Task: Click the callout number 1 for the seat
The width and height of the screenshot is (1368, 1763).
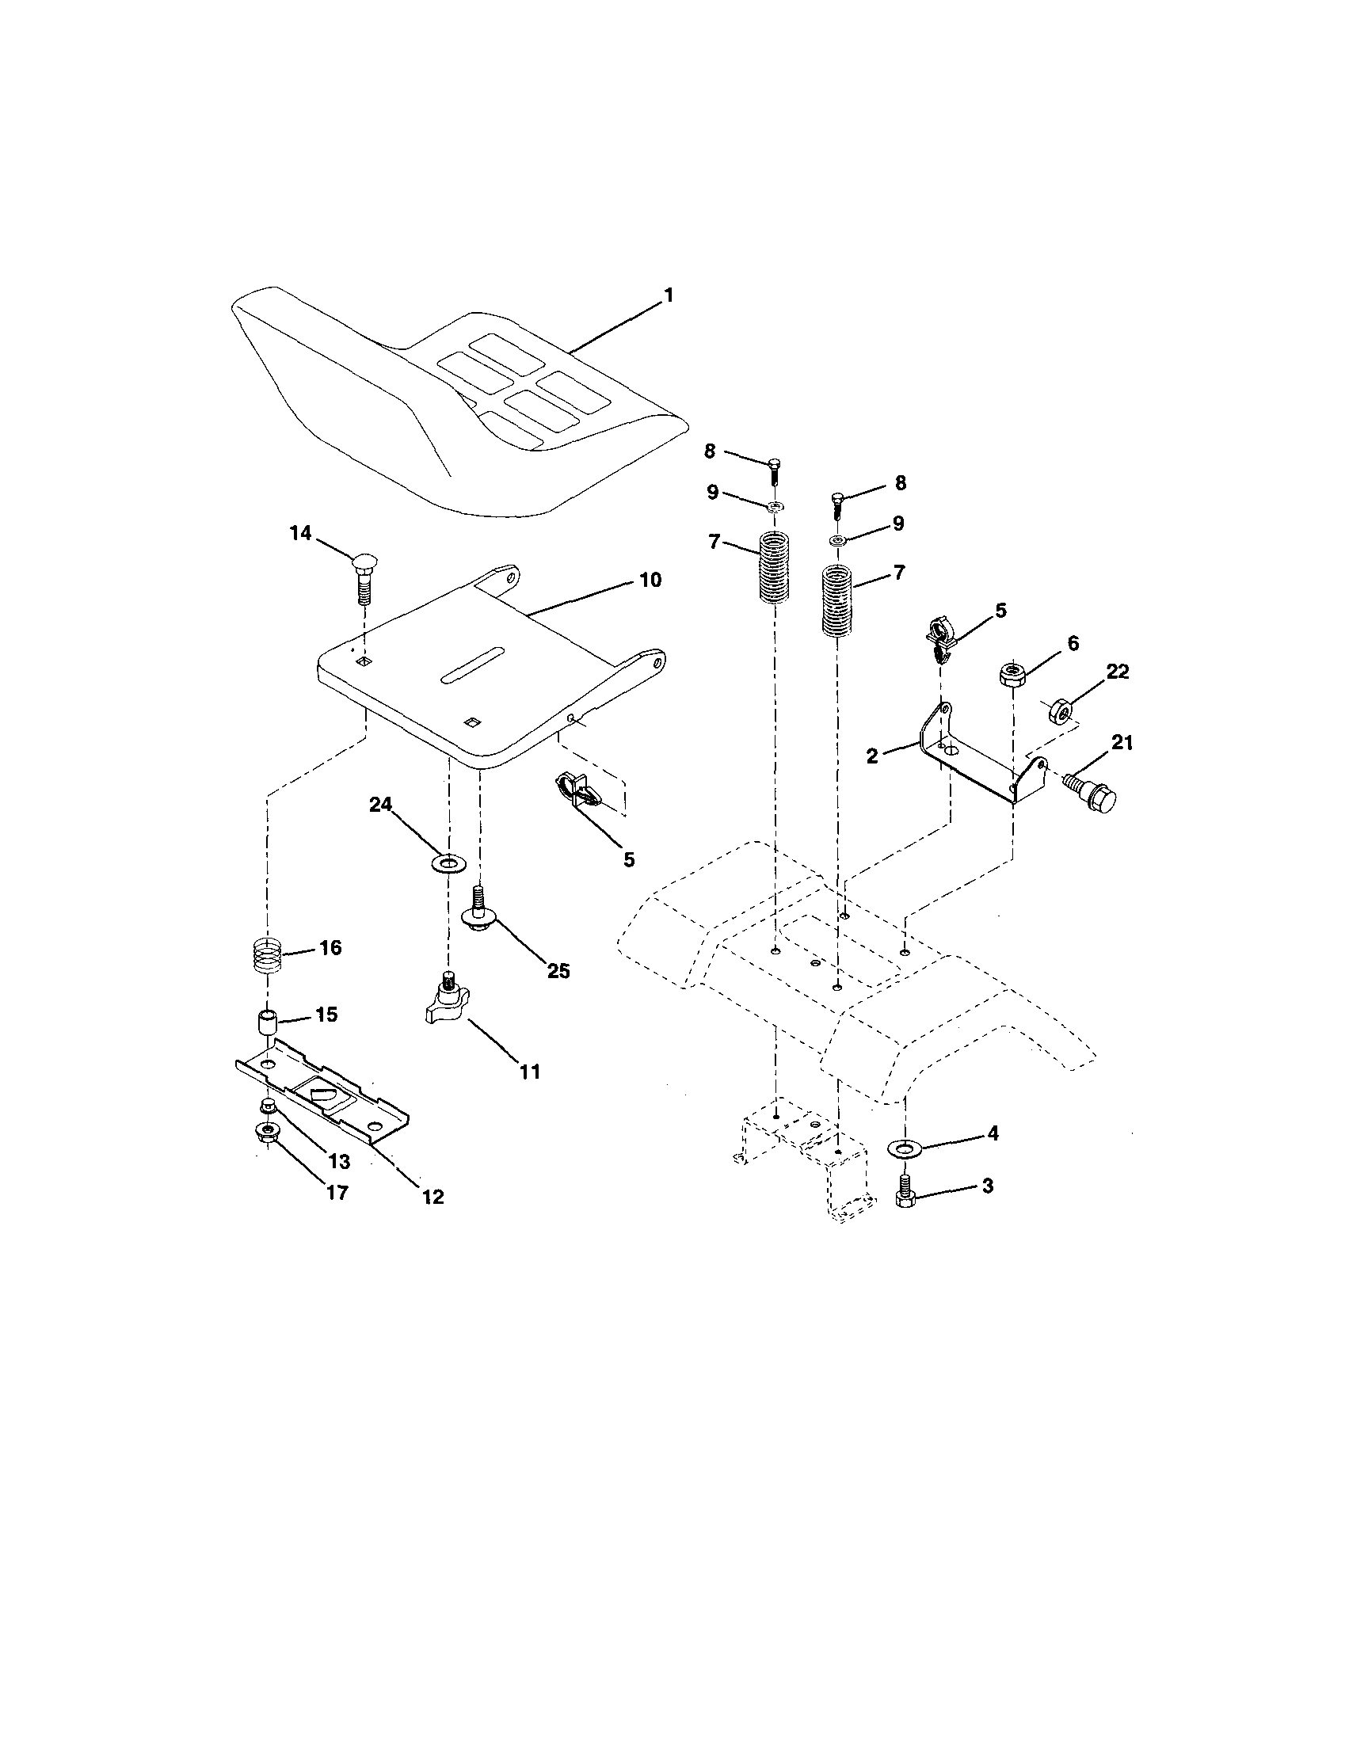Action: (667, 295)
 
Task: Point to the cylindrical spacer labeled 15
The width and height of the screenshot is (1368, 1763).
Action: (267, 1022)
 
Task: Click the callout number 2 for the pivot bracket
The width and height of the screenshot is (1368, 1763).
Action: (871, 756)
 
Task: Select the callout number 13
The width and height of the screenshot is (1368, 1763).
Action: (338, 1163)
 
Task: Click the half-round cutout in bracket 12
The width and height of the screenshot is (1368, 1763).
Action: (322, 1095)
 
